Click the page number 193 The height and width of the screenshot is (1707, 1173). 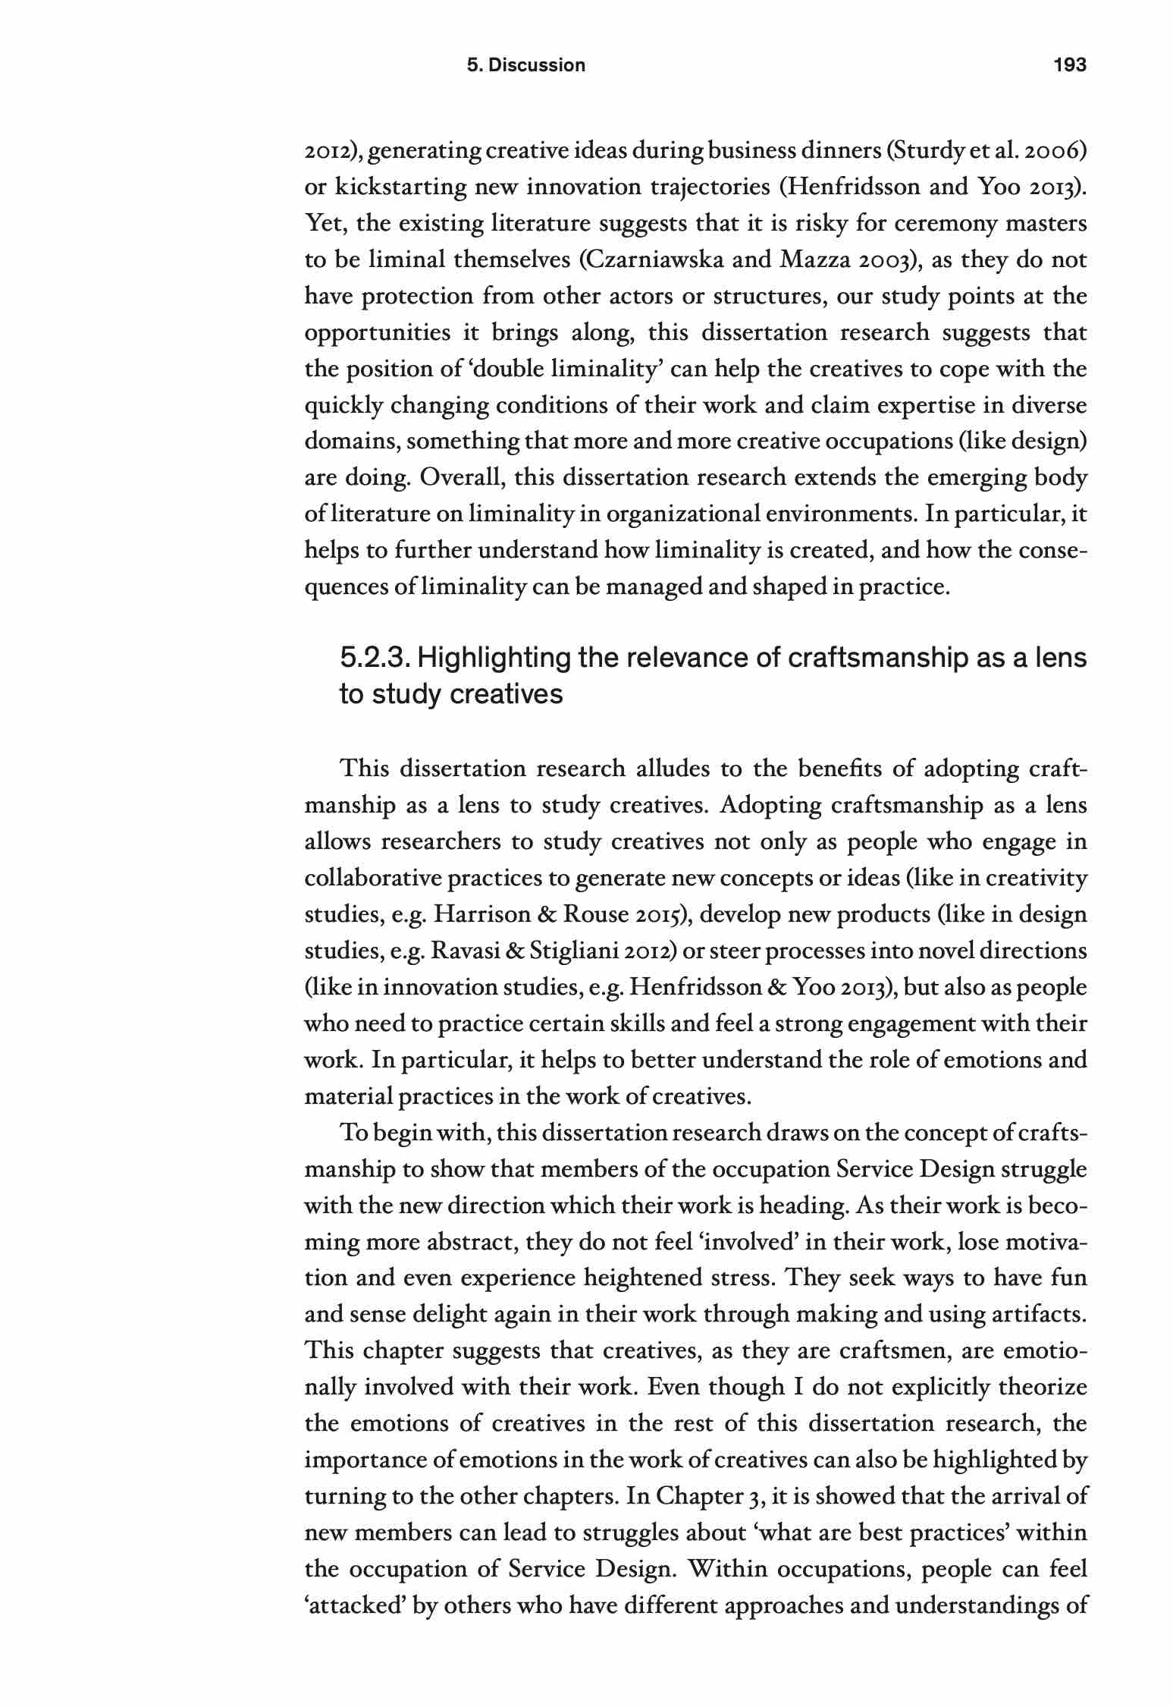click(x=1070, y=65)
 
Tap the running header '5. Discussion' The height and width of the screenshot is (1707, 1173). click(x=525, y=65)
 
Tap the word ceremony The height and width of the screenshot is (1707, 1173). click(x=945, y=224)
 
